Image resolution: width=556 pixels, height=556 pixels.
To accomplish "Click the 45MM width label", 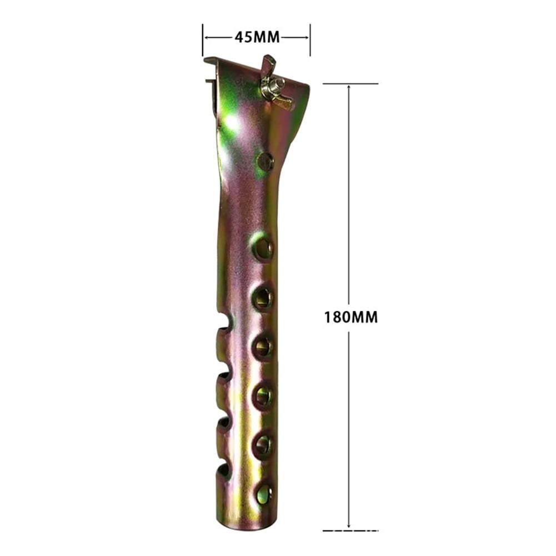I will [x=257, y=37].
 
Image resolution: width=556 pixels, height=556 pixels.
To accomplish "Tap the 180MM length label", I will [x=351, y=317].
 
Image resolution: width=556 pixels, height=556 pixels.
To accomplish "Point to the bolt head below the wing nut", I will [x=265, y=162].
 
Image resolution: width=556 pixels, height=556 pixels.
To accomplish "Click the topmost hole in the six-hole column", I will [x=262, y=247].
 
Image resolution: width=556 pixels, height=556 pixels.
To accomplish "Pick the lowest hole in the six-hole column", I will [x=263, y=493].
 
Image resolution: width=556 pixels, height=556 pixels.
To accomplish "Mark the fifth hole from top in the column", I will [x=263, y=444].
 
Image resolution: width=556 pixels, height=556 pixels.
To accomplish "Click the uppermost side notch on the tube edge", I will [x=224, y=322].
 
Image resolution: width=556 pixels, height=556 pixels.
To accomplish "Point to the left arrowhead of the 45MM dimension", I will [x=207, y=37].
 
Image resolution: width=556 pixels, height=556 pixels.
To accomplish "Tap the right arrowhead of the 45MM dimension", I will [x=306, y=37].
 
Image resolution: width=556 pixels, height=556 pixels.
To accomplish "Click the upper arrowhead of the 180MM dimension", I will [x=349, y=88].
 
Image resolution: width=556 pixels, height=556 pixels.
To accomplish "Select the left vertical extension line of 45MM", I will [x=203, y=39].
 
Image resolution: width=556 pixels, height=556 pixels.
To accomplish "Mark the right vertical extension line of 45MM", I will [x=310, y=39].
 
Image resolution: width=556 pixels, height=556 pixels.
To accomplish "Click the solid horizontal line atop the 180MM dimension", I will [x=350, y=84].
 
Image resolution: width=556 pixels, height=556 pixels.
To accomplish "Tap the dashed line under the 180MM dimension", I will [x=350, y=530].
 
